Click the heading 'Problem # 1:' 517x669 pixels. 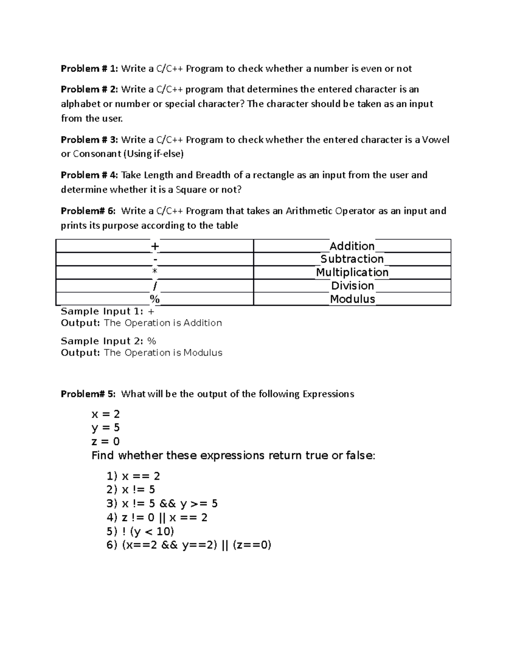[x=89, y=68]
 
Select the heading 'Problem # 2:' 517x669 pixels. [x=89, y=89]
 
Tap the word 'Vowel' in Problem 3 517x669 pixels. [x=436, y=140]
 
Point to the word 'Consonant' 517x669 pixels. [x=97, y=154]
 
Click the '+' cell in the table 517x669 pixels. [x=155, y=246]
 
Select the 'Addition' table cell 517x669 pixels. [x=352, y=246]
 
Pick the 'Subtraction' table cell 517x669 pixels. [x=352, y=259]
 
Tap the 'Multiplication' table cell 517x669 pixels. [x=352, y=272]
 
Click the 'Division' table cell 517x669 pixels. [x=352, y=286]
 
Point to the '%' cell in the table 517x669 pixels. [x=155, y=299]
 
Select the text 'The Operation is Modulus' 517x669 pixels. [x=163, y=353]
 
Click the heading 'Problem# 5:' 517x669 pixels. [x=88, y=394]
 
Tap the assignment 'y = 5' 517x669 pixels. [x=106, y=428]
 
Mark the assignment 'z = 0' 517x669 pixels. [x=106, y=442]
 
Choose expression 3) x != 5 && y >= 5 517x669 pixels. [x=162, y=504]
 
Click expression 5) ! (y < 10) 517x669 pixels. [x=140, y=531]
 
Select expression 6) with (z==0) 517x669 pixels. [x=189, y=545]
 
